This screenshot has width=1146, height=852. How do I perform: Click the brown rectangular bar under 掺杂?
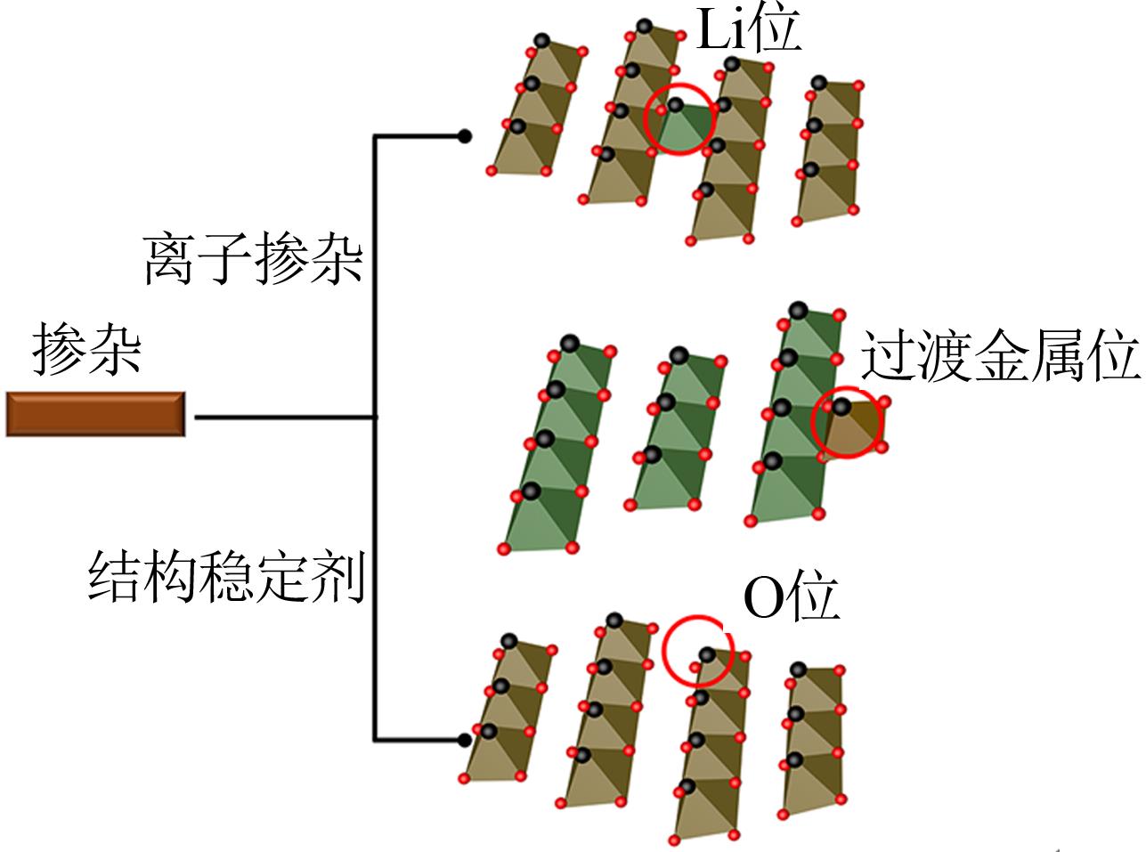coord(95,414)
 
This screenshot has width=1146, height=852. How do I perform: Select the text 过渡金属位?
coord(1001,355)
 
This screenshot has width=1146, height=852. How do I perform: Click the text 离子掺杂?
coord(253,258)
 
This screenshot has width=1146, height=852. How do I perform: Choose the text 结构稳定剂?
coord(227,576)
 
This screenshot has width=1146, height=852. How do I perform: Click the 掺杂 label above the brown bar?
coord(86,349)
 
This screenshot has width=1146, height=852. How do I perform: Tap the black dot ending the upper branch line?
coord(465,136)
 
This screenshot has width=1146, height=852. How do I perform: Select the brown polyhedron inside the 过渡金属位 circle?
coord(852,426)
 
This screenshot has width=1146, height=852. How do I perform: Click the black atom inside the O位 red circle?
coord(707,655)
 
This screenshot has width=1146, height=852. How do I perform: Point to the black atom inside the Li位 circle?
coord(675,105)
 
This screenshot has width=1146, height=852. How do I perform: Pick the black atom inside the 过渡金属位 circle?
coord(841,406)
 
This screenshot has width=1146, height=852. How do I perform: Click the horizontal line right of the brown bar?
coord(284,417)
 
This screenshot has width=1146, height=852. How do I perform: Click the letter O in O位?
coord(765,599)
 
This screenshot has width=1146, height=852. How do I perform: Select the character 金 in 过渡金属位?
coord(1000,355)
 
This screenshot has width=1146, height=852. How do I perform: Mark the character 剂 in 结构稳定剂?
coord(339,576)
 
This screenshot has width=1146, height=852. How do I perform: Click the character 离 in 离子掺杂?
coord(170,258)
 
